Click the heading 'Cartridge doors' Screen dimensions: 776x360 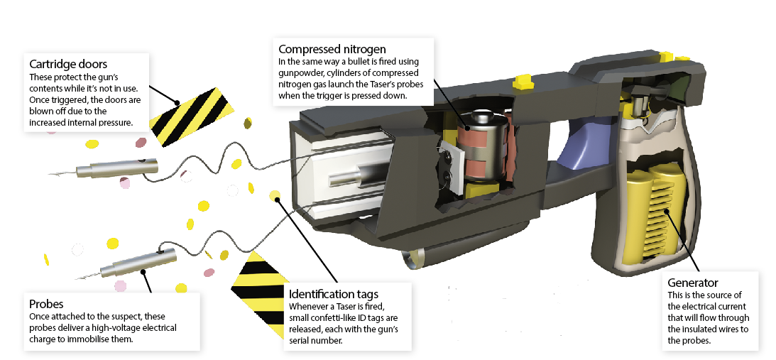coord(68,64)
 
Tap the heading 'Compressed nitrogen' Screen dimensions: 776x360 coord(332,49)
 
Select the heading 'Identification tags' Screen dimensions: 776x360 coord(334,294)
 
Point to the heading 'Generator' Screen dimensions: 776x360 coord(693,283)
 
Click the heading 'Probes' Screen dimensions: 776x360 coord(47,303)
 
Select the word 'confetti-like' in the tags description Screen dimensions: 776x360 coord(341,317)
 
